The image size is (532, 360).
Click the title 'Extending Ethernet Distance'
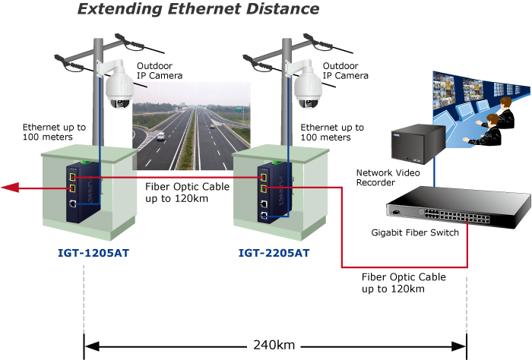[x=198, y=10]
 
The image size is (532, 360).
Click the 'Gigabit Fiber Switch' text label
[x=415, y=232]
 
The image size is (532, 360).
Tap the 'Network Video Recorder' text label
[x=386, y=178]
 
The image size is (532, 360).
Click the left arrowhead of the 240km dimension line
[x=90, y=345]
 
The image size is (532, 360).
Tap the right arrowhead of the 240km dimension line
[x=459, y=345]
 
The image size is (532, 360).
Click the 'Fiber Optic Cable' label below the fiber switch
[x=403, y=283]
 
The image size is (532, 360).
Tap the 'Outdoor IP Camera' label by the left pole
[x=159, y=71]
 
